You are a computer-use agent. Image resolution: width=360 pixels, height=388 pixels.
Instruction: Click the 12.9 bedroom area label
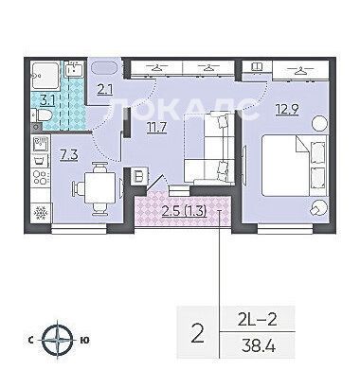(287, 110)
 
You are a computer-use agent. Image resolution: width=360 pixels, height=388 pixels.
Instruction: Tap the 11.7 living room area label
(157, 128)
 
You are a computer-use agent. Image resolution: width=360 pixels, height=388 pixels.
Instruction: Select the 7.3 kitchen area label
(69, 155)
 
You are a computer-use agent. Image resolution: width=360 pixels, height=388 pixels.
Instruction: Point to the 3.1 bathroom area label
(48, 100)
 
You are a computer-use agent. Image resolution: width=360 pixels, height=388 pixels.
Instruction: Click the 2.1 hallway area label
(105, 90)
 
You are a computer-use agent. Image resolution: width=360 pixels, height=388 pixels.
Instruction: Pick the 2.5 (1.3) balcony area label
(185, 212)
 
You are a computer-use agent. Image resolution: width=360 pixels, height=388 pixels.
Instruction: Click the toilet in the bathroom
(42, 115)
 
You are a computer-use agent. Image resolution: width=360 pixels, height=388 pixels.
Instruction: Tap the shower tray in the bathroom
(45, 75)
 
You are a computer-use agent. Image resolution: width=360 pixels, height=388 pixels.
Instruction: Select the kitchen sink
(41, 144)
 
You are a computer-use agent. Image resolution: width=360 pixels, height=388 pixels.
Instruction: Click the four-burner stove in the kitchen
(41, 177)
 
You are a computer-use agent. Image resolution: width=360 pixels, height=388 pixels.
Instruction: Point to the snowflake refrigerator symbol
(41, 213)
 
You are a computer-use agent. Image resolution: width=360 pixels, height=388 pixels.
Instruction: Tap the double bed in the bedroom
(294, 166)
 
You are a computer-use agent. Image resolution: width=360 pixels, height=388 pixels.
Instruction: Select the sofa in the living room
(209, 149)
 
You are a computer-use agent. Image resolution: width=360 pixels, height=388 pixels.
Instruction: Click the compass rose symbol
(58, 340)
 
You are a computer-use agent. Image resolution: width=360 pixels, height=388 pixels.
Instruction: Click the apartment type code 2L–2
(257, 320)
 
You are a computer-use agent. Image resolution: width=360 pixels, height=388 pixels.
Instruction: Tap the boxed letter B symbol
(138, 176)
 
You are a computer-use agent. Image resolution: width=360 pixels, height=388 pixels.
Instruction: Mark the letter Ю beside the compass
(84, 340)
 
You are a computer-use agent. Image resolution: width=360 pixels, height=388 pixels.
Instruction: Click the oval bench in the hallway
(104, 67)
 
